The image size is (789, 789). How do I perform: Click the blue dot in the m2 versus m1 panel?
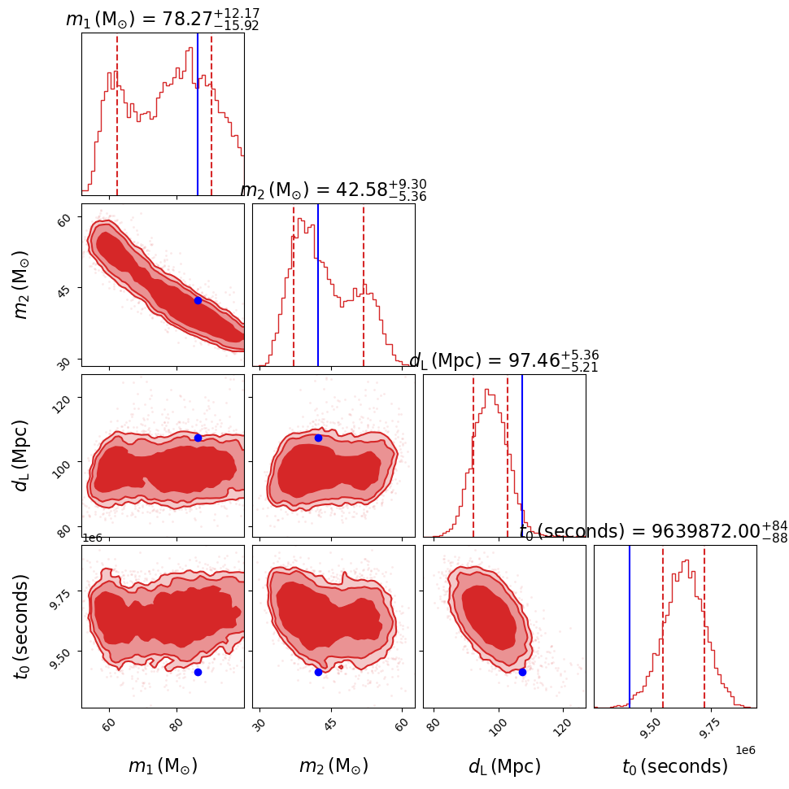point(198,300)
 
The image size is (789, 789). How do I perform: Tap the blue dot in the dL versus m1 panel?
point(198,438)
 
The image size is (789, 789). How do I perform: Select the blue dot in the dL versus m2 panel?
point(318,438)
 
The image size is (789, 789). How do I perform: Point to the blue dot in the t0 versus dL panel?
point(522,672)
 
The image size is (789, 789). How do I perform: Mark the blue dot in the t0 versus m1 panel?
point(198,672)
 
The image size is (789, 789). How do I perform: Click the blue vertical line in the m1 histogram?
point(198,106)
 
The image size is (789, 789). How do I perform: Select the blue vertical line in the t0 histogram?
point(630,626)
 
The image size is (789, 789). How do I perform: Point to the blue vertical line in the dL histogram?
point(522,456)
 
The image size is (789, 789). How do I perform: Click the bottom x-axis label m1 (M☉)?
point(163,766)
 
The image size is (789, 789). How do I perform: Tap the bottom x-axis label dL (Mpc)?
point(504,766)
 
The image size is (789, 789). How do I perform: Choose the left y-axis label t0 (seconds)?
point(22,626)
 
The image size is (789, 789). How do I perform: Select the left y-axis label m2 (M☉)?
point(22,284)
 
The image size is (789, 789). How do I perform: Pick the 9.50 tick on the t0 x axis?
point(650,725)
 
